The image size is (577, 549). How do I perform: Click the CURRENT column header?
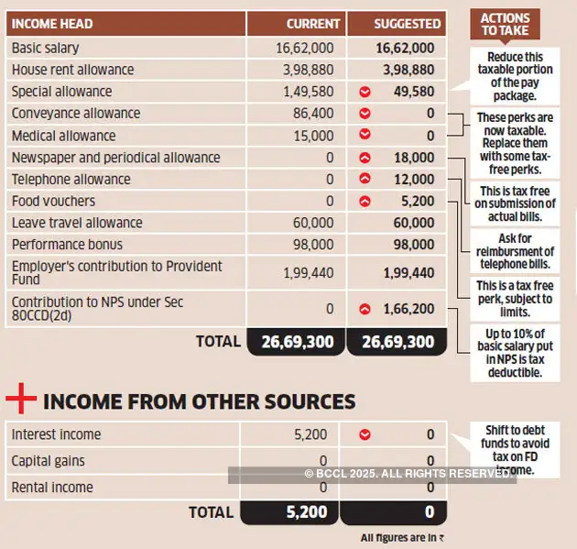tap(312, 23)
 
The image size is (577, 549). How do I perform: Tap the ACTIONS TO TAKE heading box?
tap(505, 24)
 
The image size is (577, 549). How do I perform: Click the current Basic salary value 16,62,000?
tap(305, 48)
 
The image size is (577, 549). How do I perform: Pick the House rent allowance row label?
tap(72, 70)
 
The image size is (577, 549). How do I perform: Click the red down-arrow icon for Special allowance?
tap(365, 92)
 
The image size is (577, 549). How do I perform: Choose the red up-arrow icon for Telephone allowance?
tap(365, 180)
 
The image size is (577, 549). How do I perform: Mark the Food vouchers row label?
tap(53, 201)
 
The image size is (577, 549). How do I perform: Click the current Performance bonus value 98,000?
tap(313, 245)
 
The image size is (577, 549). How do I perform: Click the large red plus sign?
tap(21, 401)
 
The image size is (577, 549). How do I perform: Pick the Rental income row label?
tap(51, 488)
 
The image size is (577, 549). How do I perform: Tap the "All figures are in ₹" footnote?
tap(402, 538)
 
